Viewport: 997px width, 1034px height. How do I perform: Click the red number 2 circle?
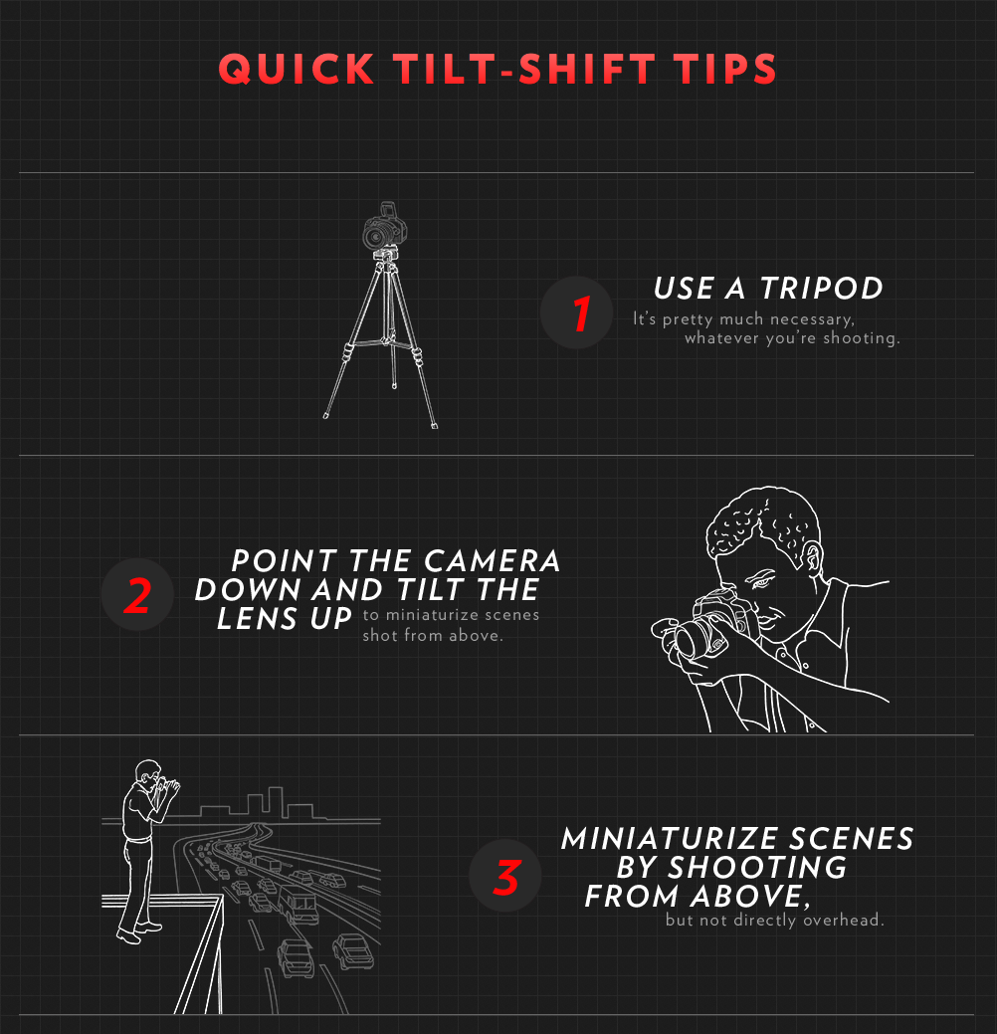(x=138, y=595)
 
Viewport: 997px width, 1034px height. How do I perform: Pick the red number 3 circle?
(x=505, y=877)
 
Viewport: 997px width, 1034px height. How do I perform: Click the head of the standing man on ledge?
(x=147, y=773)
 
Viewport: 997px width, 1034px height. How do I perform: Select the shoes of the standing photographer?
(x=134, y=932)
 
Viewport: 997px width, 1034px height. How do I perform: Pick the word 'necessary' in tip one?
(x=811, y=319)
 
